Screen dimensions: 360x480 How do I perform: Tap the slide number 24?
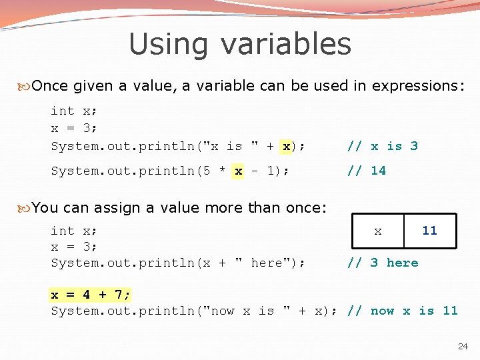(463, 347)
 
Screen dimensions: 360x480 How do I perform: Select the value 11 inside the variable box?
(429, 231)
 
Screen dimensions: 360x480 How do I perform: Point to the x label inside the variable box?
(378, 231)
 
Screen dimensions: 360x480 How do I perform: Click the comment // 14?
(366, 171)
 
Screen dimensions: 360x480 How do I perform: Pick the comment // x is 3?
(383, 146)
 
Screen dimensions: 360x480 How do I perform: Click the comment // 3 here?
(383, 263)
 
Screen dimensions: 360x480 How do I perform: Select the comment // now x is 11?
(403, 311)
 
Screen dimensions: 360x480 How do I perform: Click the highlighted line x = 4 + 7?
(91, 294)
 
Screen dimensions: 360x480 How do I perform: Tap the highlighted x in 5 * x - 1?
(238, 171)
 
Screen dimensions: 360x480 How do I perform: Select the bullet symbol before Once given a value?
(24, 86)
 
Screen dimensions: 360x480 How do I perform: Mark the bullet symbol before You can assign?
(24, 208)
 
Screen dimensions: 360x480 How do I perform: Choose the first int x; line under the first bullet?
(73, 111)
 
